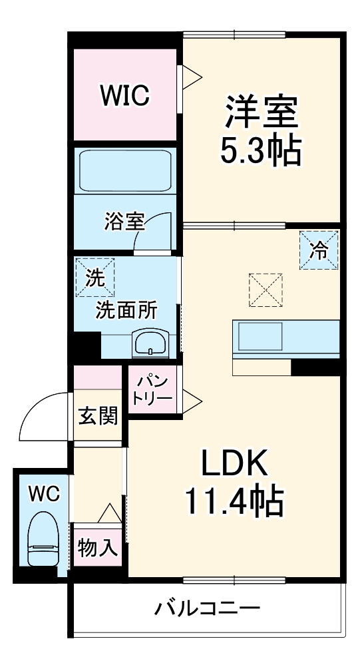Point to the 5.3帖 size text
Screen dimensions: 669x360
(261, 152)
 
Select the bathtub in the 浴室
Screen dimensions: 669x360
(126, 171)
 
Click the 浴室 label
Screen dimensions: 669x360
(124, 221)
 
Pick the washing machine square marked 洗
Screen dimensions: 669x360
(94, 278)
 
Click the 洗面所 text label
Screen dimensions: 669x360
(127, 310)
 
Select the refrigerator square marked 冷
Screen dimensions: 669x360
(319, 250)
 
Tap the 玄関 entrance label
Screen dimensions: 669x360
(98, 417)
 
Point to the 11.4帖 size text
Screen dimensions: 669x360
(234, 503)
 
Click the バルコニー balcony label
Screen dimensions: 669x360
(207, 607)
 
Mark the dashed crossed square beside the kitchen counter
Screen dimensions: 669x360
(266, 290)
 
